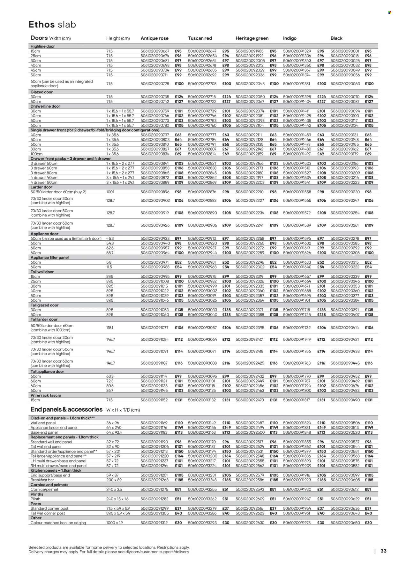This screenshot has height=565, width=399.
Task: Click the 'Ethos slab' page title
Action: [52, 25]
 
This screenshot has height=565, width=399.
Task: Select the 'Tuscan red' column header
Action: [200, 38]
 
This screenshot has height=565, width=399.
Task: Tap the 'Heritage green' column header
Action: [252, 38]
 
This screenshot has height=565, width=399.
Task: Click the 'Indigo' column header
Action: [290, 38]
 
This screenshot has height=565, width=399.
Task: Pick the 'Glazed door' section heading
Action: [41, 92]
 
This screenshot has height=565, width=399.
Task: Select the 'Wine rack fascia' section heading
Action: [45, 395]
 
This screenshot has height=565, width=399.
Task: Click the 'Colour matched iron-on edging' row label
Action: [58, 523]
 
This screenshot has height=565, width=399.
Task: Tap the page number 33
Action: [383, 551]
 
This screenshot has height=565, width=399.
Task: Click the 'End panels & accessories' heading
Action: [66, 409]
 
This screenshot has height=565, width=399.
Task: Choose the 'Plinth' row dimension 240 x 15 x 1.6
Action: [118, 499]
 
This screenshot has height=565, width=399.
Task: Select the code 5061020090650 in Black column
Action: [345, 523]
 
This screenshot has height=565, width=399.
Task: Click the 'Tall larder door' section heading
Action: [44, 319]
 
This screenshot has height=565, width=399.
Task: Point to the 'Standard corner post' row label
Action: [49, 508]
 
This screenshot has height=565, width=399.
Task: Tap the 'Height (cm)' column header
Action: [118, 38]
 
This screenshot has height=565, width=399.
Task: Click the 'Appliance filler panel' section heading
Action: [49, 258]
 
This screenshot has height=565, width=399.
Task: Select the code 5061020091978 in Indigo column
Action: [297, 523]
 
